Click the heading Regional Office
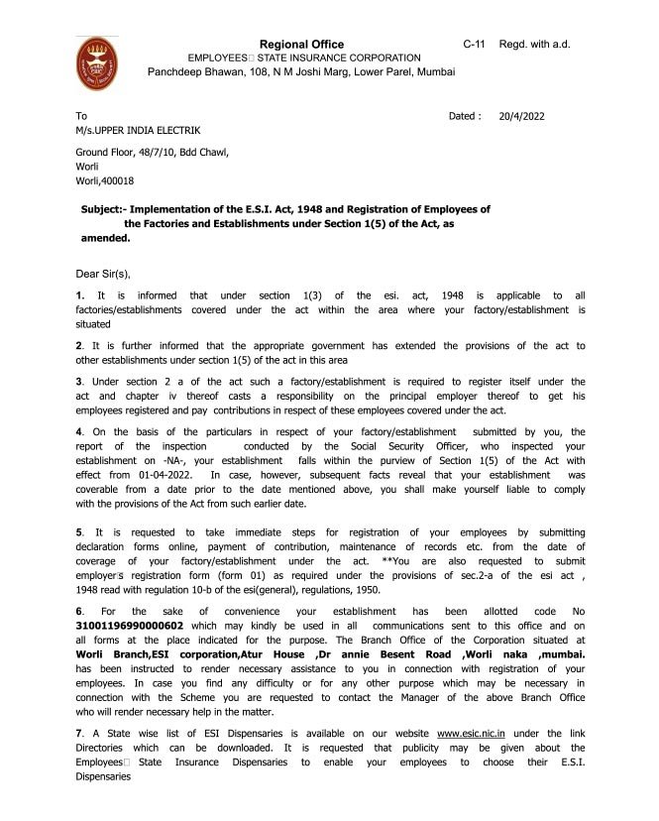(x=301, y=45)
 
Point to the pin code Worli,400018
(x=105, y=181)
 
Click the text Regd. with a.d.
(x=535, y=45)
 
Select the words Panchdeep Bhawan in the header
(x=192, y=72)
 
